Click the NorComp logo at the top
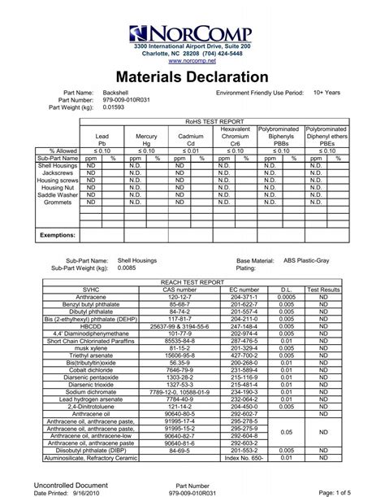193,33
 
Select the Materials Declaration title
192,78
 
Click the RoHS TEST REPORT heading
214,120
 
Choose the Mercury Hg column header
146,139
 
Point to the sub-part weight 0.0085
127,267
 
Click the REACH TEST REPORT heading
192,282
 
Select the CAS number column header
180,290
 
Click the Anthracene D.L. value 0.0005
286,297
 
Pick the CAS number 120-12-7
180,297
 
